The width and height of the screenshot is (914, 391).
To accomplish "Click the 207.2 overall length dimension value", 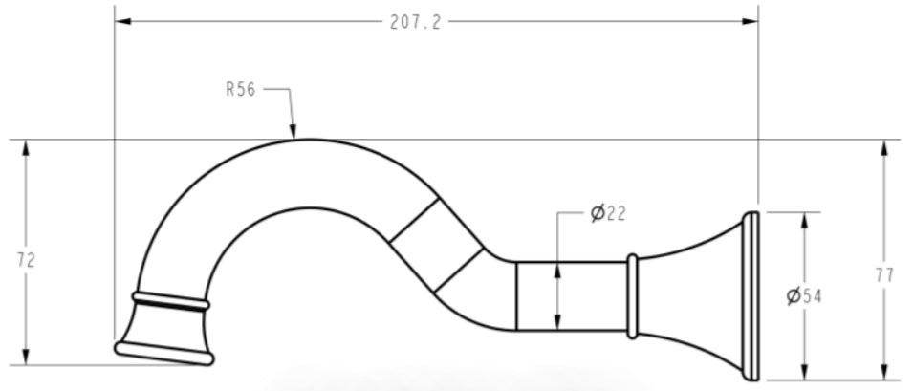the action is (x=416, y=22).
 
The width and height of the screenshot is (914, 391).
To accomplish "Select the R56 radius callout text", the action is (x=241, y=90).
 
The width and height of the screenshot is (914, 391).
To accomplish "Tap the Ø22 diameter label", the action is (x=608, y=213).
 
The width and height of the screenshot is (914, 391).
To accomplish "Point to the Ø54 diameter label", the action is (x=804, y=296).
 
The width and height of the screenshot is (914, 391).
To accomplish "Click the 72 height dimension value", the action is (x=26, y=260).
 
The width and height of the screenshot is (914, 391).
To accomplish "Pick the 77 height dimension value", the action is (x=884, y=275).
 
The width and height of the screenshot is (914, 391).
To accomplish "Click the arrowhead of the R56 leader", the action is (x=293, y=132).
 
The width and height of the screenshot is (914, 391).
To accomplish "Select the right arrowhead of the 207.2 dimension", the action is (x=750, y=22).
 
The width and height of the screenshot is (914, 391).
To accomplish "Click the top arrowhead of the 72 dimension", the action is (x=25, y=148).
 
